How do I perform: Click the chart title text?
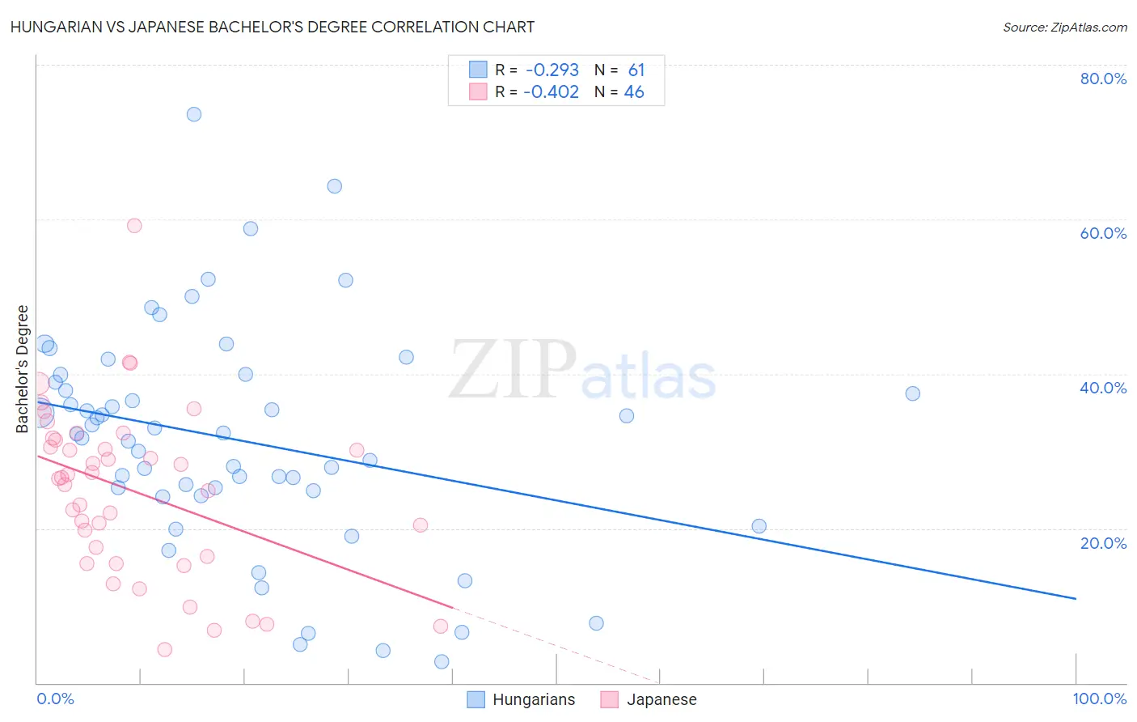[273, 27]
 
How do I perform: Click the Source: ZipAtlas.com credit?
[1064, 27]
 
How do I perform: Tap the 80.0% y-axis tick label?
[1103, 79]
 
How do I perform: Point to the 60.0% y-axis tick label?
[1103, 233]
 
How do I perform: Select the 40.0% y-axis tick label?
[1103, 388]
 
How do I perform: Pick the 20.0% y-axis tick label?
[1103, 542]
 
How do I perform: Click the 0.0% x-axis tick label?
[55, 699]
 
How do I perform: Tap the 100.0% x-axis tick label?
[1099, 699]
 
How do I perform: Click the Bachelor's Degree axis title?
[23, 369]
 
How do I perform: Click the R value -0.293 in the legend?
[552, 70]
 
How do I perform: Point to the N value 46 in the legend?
[634, 92]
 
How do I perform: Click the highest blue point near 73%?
[194, 114]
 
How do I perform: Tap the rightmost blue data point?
[912, 393]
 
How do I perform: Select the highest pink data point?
[134, 226]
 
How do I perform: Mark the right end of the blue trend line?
[1076, 598]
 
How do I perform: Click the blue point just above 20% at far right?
[759, 526]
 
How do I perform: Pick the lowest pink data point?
[164, 649]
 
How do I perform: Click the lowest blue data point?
[442, 661]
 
